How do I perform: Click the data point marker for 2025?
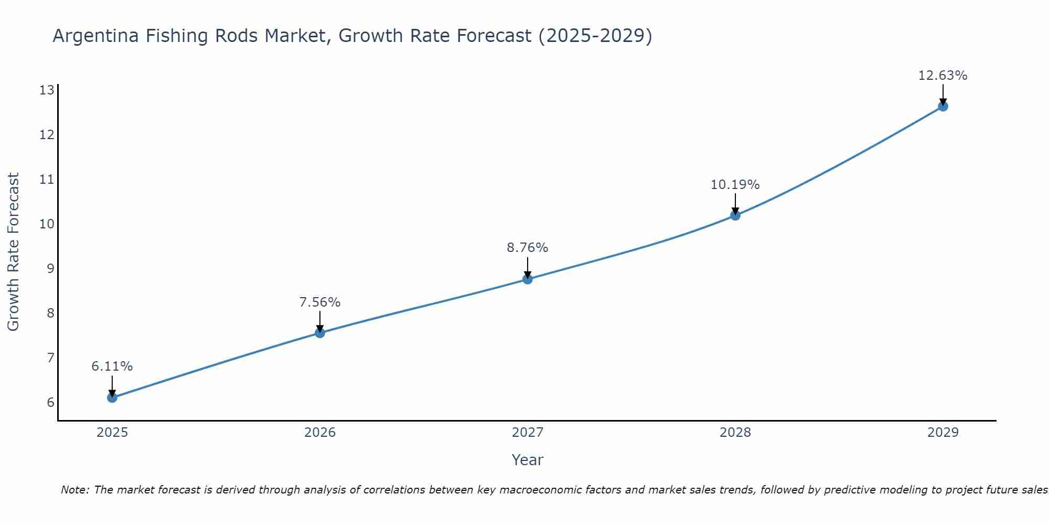(112, 397)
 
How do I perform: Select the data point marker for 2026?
(320, 332)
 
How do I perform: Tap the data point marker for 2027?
(528, 279)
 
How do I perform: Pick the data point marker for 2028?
(735, 215)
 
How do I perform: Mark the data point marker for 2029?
(943, 107)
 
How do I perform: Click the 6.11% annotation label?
(112, 366)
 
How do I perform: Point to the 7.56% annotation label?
(320, 302)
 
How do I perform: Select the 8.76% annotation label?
(528, 248)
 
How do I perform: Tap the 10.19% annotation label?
(735, 185)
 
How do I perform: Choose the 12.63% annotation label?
(943, 76)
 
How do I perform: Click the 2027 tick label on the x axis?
(528, 433)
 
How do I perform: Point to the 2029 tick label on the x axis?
(943, 433)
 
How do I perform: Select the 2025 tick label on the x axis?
(112, 433)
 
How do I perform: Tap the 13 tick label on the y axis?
(47, 90)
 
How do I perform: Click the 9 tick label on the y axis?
(50, 269)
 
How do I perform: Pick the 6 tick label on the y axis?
(50, 403)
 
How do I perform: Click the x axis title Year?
(528, 460)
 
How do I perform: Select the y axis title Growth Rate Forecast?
(13, 252)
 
